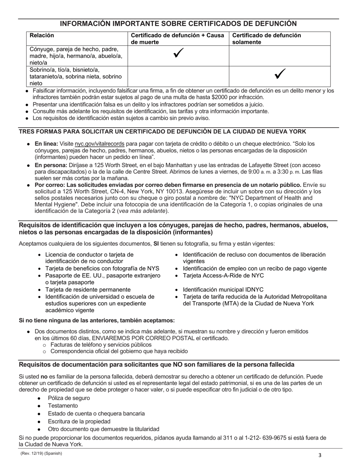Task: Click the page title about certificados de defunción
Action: click(x=178, y=23)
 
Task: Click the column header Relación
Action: click(x=42, y=36)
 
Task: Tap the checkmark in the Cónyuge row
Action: click(x=178, y=54)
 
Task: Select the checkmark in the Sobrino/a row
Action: click(x=280, y=75)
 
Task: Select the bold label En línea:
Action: click(x=46, y=144)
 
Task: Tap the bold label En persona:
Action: click(x=51, y=165)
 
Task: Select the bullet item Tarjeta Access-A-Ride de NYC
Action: click(x=223, y=275)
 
